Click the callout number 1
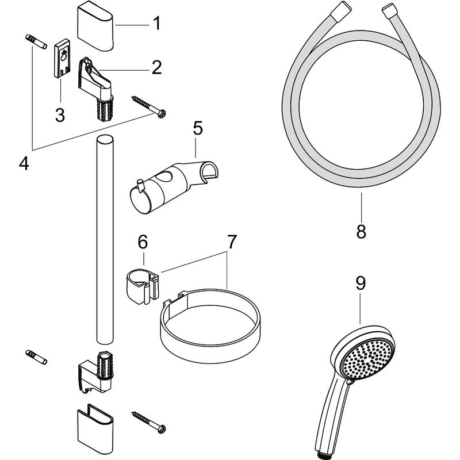point(156,24)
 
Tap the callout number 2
point(156,68)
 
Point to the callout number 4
point(24,163)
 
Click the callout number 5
point(197,128)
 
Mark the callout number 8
point(361,232)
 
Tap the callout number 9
point(361,283)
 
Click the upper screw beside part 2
point(148,106)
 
